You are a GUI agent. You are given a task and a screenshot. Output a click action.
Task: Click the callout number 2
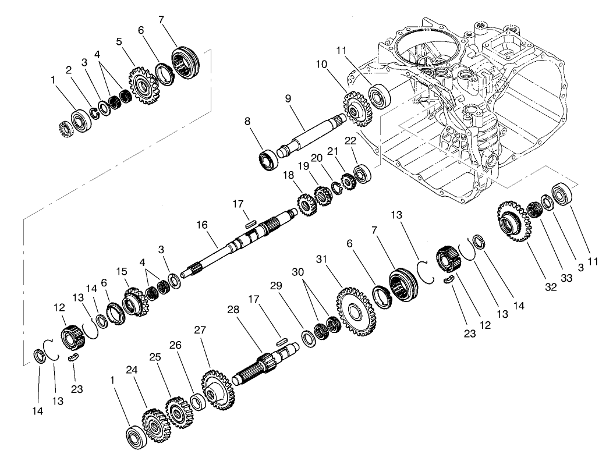coord(69,70)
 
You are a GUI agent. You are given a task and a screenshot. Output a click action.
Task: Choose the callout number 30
coord(298,272)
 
